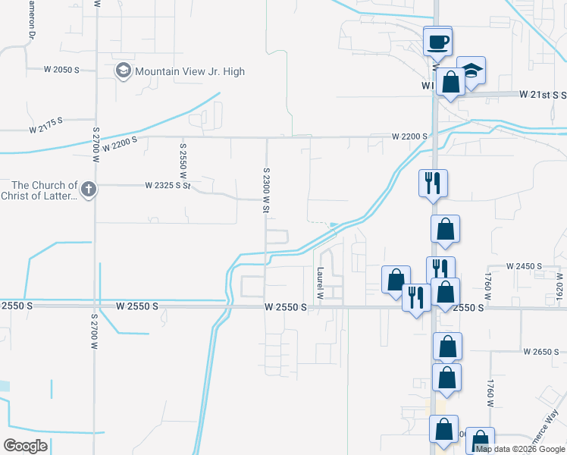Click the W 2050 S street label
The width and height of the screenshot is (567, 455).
click(x=61, y=70)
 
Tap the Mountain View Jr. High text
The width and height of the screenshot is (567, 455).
click(x=190, y=71)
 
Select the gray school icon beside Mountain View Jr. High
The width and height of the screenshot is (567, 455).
click(x=123, y=71)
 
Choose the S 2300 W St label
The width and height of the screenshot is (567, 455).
click(x=267, y=190)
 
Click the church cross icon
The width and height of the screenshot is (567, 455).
click(x=88, y=190)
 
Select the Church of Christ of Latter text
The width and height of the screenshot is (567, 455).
click(x=44, y=190)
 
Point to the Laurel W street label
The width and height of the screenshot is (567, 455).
click(x=320, y=283)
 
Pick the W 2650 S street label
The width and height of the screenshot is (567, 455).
click(x=541, y=352)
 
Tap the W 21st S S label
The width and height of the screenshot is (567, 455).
click(x=543, y=95)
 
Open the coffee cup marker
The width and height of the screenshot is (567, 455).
click(x=437, y=41)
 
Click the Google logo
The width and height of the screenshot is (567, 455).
click(x=25, y=446)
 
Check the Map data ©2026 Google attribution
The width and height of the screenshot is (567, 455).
click(x=521, y=449)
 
